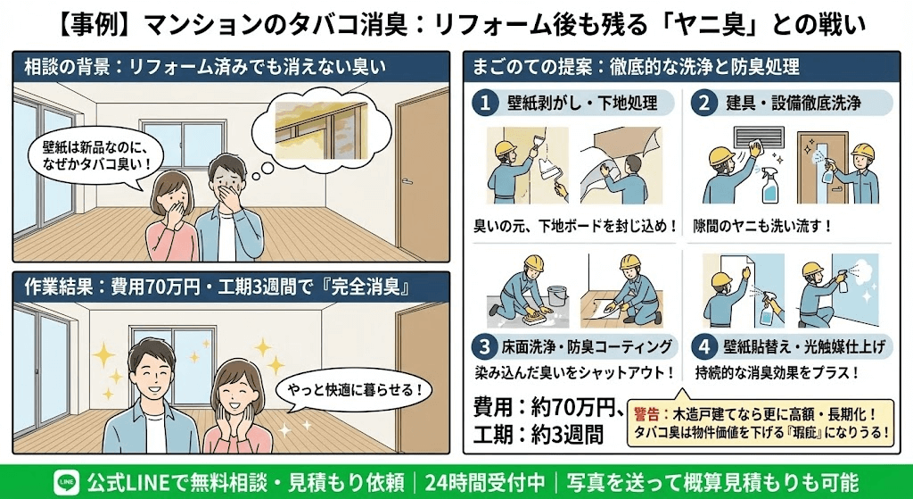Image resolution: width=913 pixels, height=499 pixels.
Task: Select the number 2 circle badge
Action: click(704, 104)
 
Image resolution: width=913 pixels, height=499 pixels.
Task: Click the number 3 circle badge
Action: click(484, 345)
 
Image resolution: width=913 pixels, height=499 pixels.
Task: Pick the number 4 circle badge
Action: click(704, 345)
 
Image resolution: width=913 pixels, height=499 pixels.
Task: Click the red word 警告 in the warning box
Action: click(647, 414)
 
